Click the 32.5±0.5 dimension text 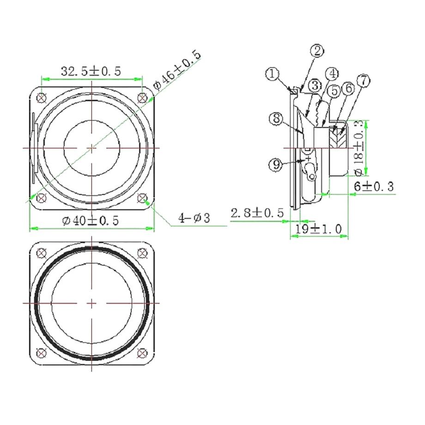tap(91, 71)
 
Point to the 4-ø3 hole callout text tap(194, 218)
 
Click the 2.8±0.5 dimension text tap(257, 213)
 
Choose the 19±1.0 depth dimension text tap(319, 228)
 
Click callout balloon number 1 tap(273, 74)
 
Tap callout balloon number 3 tap(315, 86)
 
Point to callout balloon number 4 tap(331, 73)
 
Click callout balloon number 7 tap(363, 81)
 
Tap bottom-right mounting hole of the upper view tap(143, 199)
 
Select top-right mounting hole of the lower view tap(143, 253)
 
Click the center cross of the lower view tap(92, 303)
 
